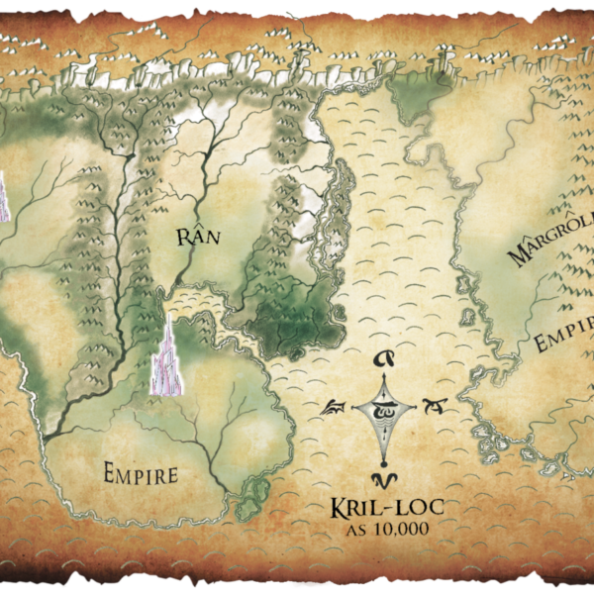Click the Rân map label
(196, 237)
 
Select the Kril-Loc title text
(387, 510)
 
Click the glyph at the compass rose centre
(381, 407)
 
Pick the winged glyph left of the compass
(334, 407)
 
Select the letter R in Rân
(181, 238)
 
